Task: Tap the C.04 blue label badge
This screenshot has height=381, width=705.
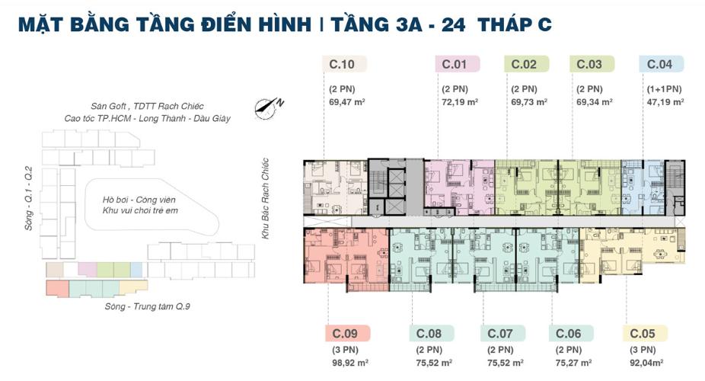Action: tap(661, 64)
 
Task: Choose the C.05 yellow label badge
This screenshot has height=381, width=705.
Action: tap(644, 333)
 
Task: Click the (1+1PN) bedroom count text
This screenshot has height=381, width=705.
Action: tap(665, 88)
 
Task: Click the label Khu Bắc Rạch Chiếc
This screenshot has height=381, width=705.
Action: tap(266, 199)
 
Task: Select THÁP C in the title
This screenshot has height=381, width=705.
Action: tap(514, 24)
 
